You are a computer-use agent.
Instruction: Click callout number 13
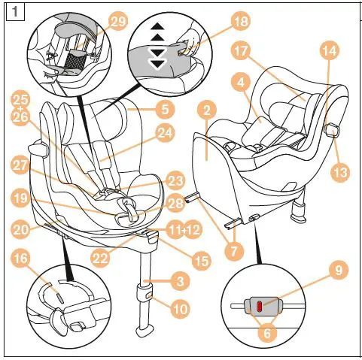coord(340,172)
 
